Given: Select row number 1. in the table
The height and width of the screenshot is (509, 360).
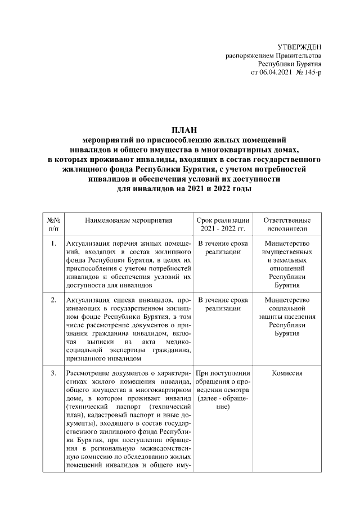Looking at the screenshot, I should click(x=53, y=244).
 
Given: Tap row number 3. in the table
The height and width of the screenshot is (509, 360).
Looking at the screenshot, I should click(x=53, y=373).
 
